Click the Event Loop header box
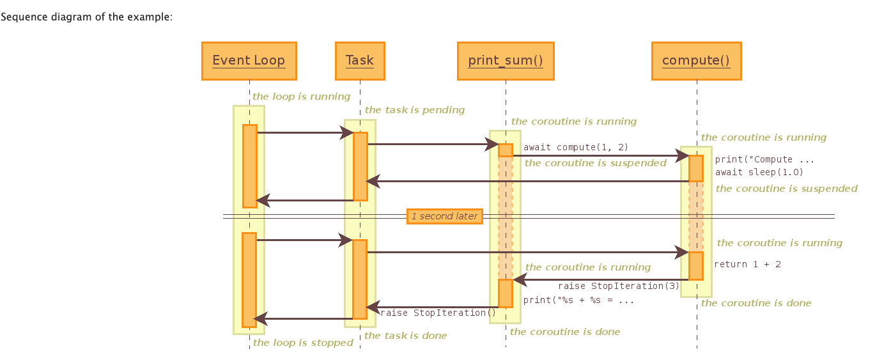point(249,61)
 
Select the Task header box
point(359,61)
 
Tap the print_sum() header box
point(506,61)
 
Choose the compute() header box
point(696,61)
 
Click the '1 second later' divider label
point(444,216)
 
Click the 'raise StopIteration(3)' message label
point(619,286)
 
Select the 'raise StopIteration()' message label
point(438,313)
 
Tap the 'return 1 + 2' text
point(747,264)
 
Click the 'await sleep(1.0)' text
point(759,171)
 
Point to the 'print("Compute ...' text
point(764,159)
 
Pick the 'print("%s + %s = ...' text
point(578,299)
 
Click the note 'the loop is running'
point(301,97)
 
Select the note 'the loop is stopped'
point(303,343)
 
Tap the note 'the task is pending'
point(414,110)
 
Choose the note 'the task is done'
point(405,336)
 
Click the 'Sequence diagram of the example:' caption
point(86,17)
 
